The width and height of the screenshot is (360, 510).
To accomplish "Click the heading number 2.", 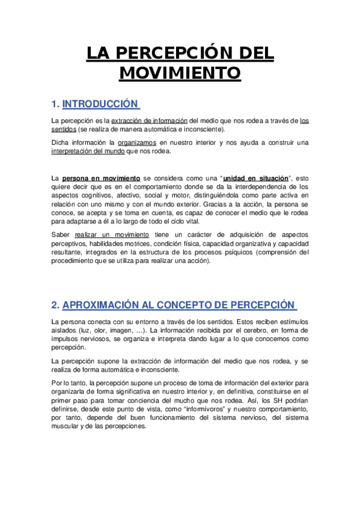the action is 55,304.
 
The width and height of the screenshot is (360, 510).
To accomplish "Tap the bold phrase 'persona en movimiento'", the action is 101,179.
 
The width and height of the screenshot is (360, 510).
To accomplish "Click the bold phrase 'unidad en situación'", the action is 255,179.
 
